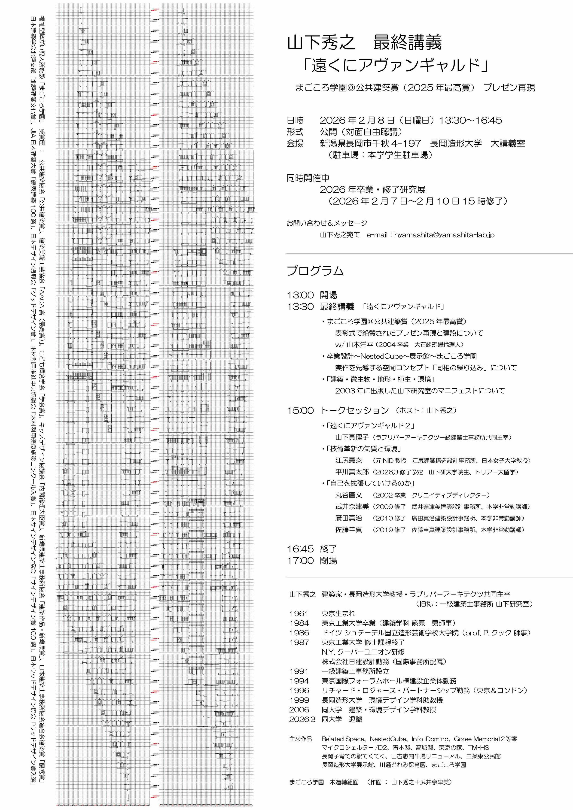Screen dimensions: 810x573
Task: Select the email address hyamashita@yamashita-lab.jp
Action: (x=444, y=235)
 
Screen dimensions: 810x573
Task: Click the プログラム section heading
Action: (x=315, y=271)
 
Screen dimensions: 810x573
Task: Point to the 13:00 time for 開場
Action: (x=300, y=295)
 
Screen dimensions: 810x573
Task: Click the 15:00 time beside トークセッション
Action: (x=300, y=410)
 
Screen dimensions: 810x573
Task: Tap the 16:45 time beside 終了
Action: (x=300, y=549)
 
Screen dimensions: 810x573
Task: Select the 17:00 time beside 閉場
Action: (x=300, y=561)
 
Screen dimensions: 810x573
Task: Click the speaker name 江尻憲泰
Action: (x=349, y=460)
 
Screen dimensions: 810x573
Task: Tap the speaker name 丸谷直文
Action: (x=349, y=495)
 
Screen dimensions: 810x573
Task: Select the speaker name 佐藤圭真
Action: (x=349, y=530)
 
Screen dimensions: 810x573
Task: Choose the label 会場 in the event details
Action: (x=295, y=143)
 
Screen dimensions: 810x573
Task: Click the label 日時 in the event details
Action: (x=295, y=120)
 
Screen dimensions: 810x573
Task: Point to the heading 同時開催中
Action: (x=308, y=178)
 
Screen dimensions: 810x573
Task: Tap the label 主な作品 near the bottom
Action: (x=301, y=739)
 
